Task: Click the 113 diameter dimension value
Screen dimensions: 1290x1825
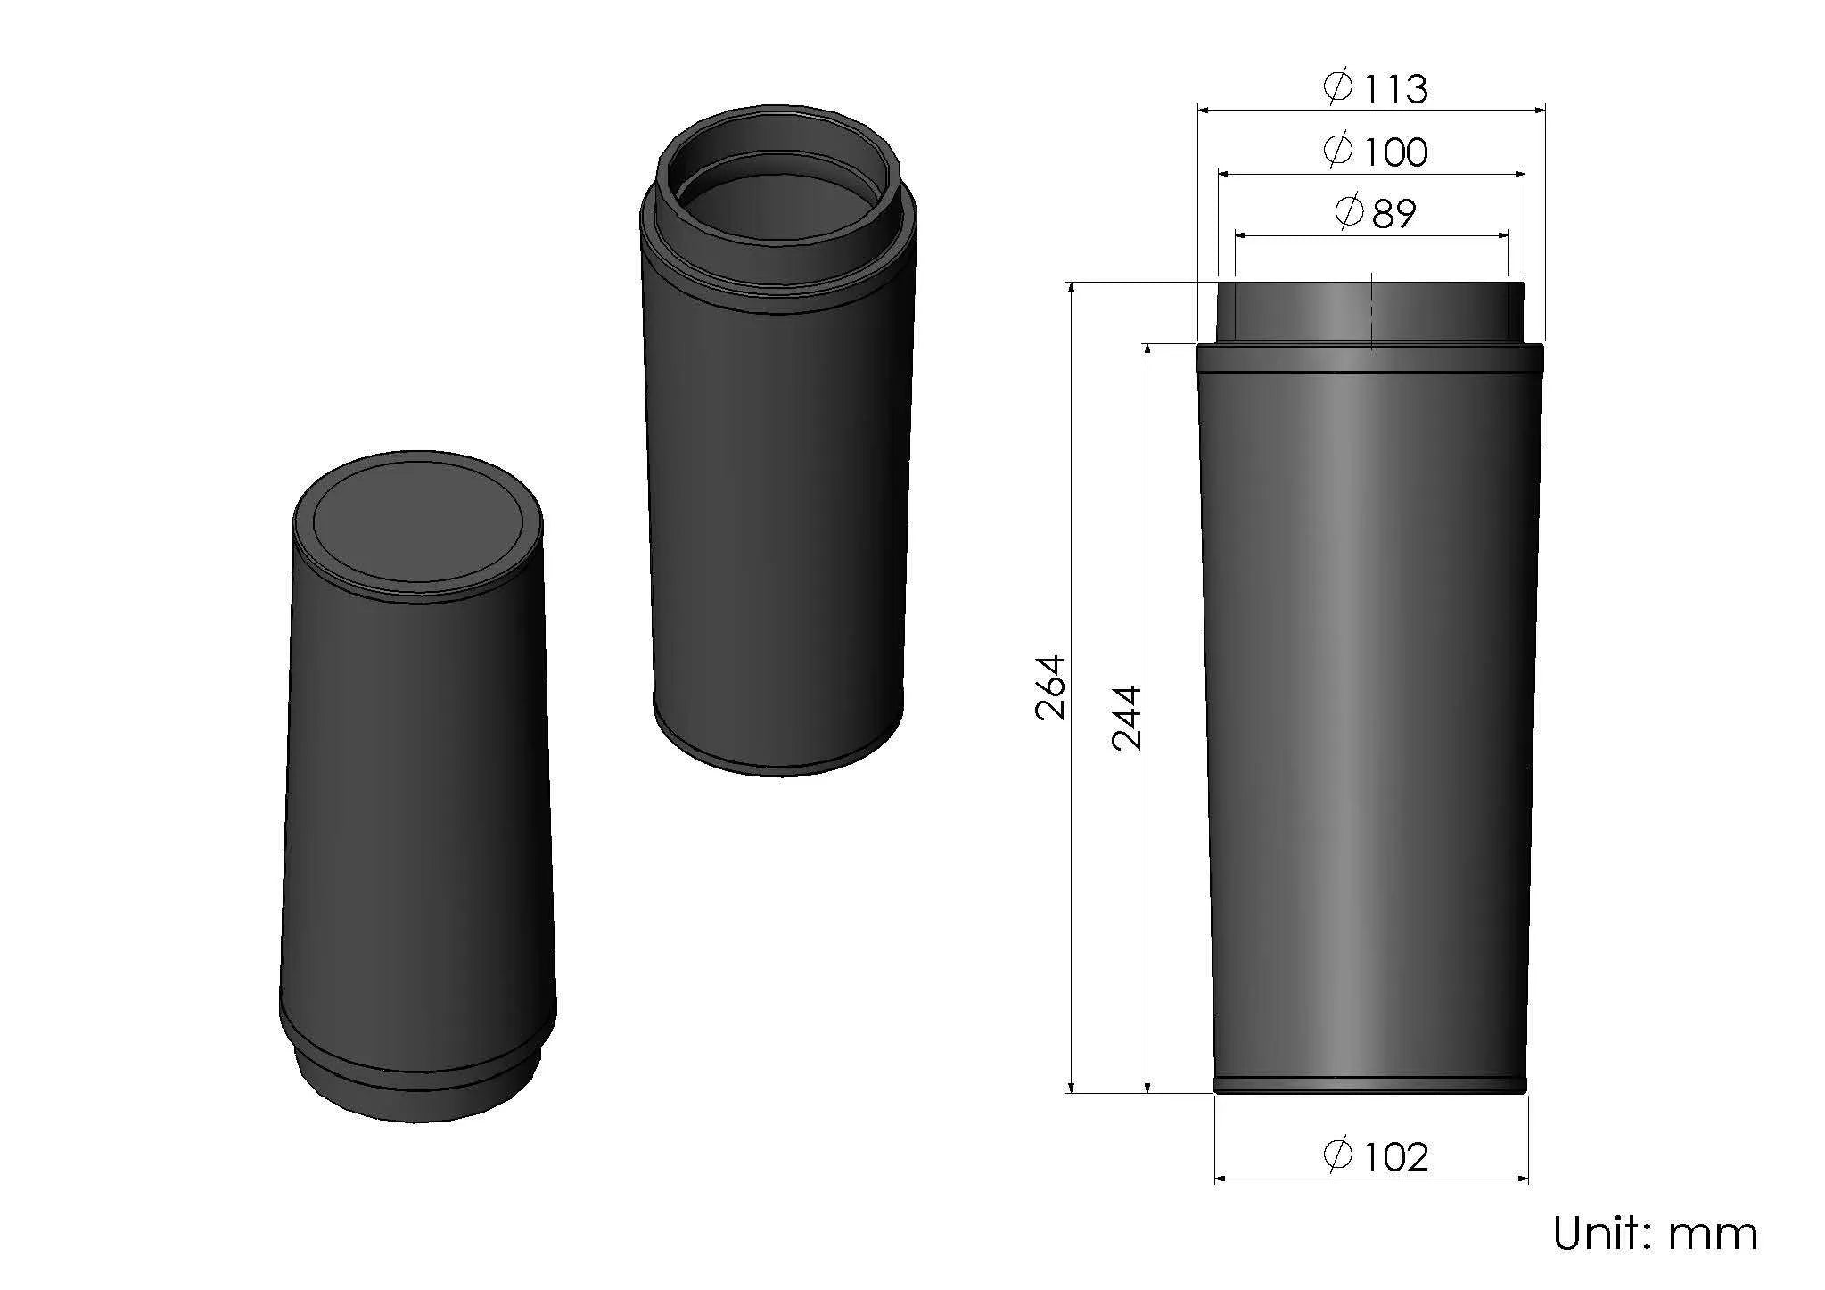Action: tap(1393, 89)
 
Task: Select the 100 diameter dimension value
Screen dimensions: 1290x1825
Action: tap(1394, 152)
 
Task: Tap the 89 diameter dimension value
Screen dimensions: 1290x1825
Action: tap(1394, 214)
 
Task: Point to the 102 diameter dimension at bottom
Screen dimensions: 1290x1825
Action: tap(1394, 1157)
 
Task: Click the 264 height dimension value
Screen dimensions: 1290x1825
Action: tap(1051, 687)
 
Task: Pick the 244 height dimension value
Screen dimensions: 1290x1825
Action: tap(1128, 718)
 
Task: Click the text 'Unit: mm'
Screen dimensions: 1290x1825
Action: tap(1655, 1234)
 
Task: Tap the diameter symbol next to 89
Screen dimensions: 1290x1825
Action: tap(1349, 212)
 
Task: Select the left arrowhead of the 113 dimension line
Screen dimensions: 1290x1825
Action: tap(1204, 111)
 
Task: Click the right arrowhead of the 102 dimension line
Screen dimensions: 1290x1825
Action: tap(1522, 1179)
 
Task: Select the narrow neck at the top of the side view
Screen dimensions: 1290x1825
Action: tap(1370, 311)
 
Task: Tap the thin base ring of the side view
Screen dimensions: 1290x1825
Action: tap(1370, 1085)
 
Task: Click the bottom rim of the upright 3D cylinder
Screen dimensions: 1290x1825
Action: tap(778, 762)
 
